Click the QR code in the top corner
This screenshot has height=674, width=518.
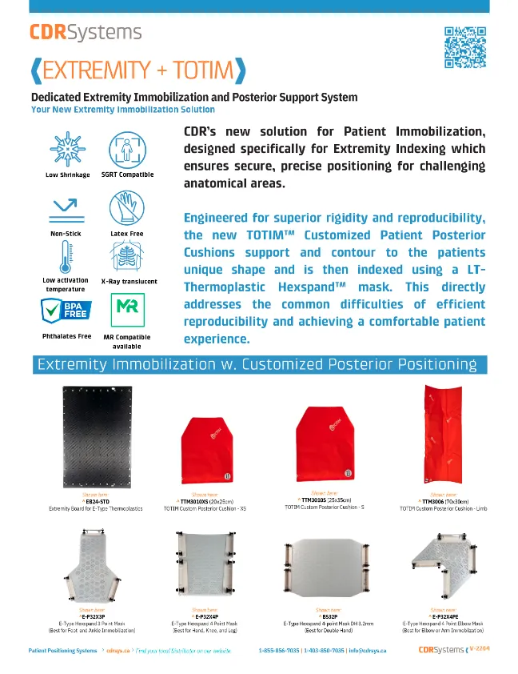point(464,47)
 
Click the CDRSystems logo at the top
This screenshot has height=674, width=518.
point(86,32)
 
